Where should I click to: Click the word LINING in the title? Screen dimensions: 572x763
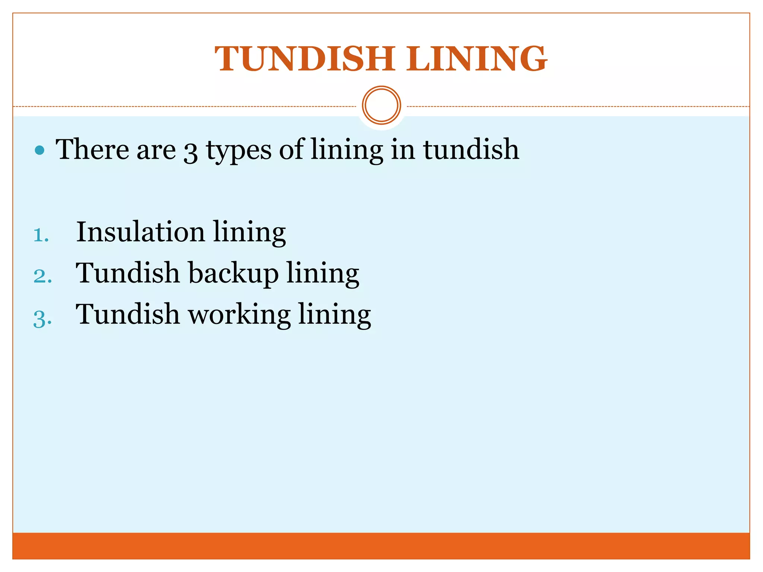(477, 59)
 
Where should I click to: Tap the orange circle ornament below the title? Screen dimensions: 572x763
(381, 105)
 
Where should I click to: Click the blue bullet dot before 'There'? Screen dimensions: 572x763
(39, 150)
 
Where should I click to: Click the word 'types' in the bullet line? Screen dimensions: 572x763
(239, 151)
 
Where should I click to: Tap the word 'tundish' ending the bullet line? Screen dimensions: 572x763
(471, 149)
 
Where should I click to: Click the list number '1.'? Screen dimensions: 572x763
(41, 236)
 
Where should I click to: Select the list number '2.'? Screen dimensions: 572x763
(42, 277)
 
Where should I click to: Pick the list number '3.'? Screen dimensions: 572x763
(42, 319)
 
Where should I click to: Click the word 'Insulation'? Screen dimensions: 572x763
(140, 232)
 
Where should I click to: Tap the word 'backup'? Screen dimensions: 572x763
(233, 274)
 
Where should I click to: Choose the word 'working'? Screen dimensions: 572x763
(239, 315)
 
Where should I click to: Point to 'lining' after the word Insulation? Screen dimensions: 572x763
(249, 233)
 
